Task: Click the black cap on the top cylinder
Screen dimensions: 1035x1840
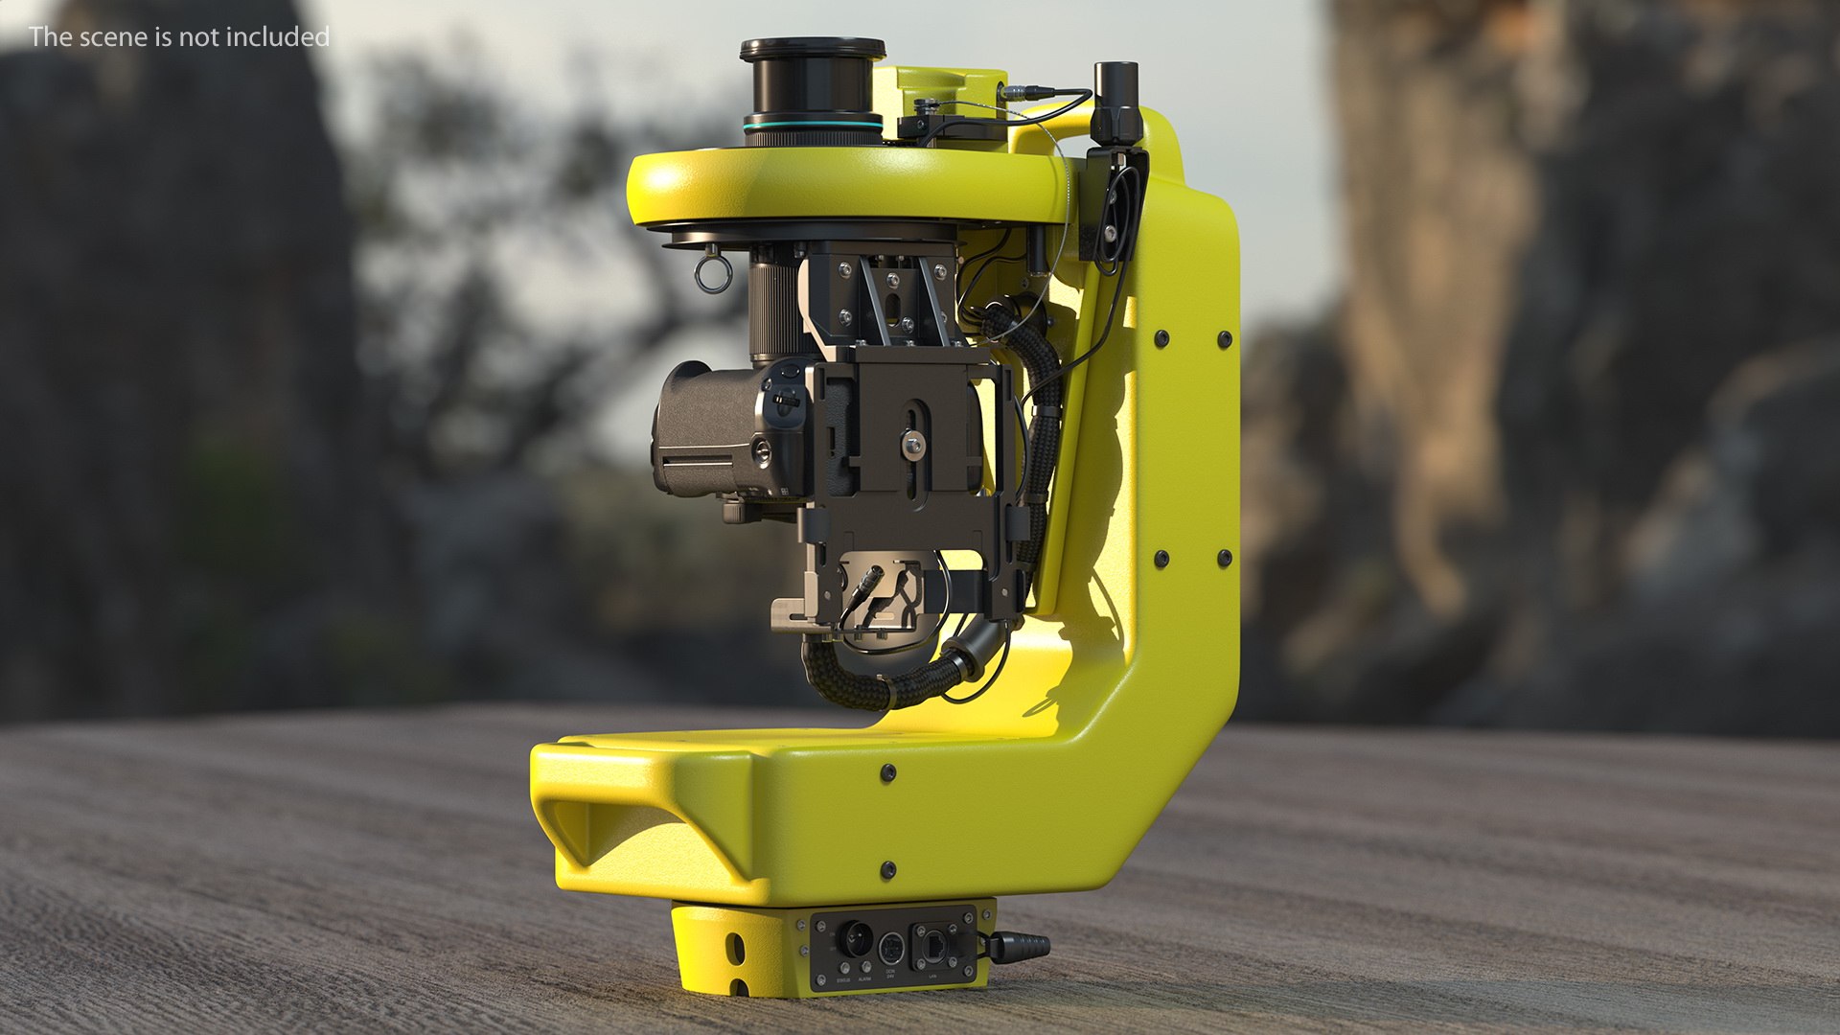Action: point(813,48)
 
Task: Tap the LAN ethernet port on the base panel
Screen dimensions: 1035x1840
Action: point(935,947)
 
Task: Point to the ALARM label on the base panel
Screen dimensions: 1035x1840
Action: point(864,979)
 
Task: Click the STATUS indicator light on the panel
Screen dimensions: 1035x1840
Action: point(844,968)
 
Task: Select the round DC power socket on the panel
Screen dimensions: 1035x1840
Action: point(891,949)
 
